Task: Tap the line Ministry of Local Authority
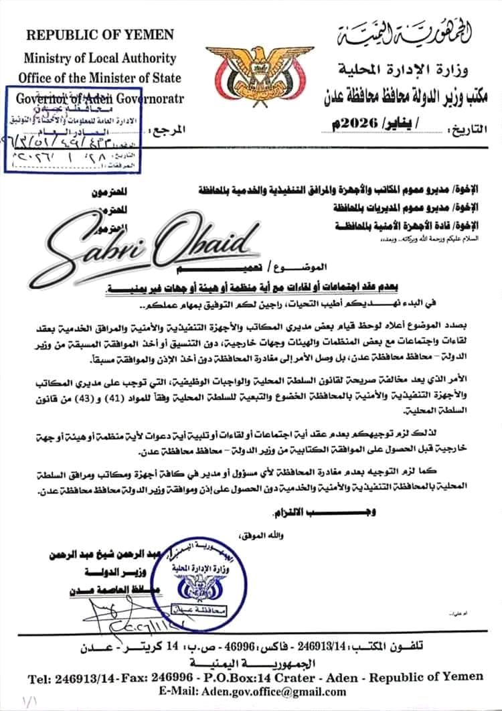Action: point(100,58)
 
